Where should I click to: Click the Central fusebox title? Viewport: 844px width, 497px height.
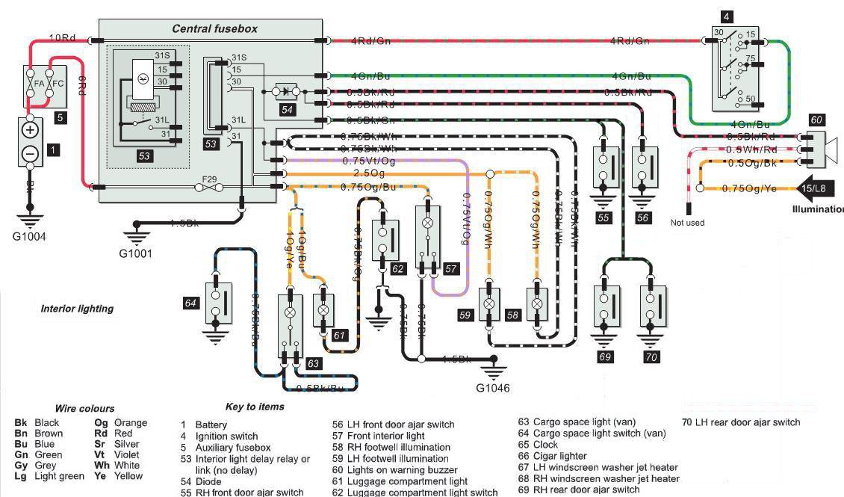tap(214, 29)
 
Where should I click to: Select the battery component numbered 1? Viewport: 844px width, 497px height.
tap(31, 141)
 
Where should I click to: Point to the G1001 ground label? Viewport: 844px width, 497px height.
tap(135, 253)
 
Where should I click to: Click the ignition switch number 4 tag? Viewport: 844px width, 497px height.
tap(727, 16)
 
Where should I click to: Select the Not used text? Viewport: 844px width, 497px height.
tap(687, 223)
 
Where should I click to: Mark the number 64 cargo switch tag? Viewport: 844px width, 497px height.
tap(191, 303)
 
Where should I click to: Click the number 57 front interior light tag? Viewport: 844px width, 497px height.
tap(451, 268)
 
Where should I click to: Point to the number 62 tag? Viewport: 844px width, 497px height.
tap(397, 268)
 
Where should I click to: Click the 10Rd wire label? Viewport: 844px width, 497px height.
tap(62, 37)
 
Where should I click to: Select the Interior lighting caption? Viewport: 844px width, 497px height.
tap(77, 309)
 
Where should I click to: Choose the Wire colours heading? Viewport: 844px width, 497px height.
tap(85, 409)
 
